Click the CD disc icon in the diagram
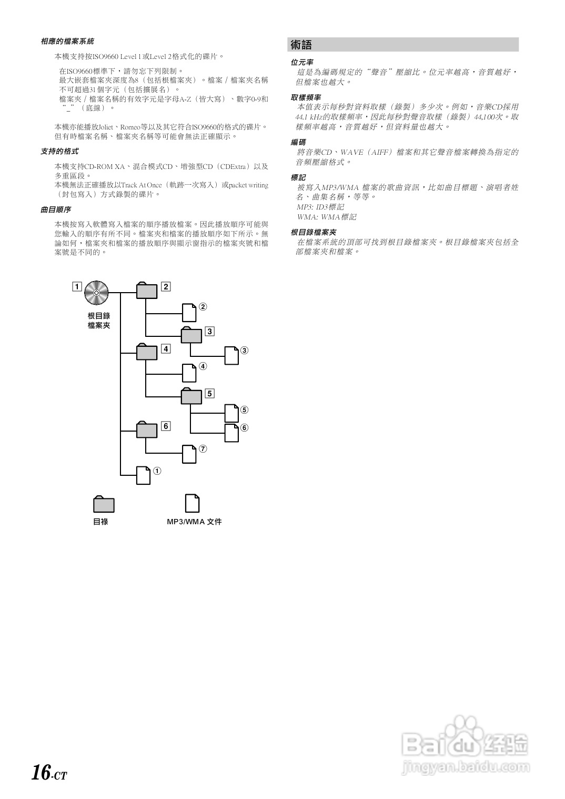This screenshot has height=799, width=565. (x=96, y=292)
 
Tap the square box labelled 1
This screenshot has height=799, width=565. (x=77, y=287)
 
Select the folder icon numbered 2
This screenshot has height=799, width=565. (x=147, y=291)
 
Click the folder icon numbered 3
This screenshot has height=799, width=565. (x=191, y=335)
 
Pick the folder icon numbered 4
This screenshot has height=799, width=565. (x=147, y=352)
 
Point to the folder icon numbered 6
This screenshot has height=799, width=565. (x=147, y=429)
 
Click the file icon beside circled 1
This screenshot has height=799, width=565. (x=144, y=475)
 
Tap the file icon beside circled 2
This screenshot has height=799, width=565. (x=189, y=313)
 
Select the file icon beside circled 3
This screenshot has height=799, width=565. (x=231, y=356)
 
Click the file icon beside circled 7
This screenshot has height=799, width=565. (x=189, y=454)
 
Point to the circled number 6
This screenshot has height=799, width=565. (x=244, y=428)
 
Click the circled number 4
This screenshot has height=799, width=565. (x=203, y=366)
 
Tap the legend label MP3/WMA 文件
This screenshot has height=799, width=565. (x=194, y=522)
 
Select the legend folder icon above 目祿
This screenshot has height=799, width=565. (x=104, y=504)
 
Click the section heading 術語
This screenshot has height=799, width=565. (x=301, y=45)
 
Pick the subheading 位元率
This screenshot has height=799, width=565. (x=302, y=62)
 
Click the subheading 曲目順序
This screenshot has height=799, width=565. (x=56, y=210)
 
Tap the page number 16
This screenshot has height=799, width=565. (x=41, y=772)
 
